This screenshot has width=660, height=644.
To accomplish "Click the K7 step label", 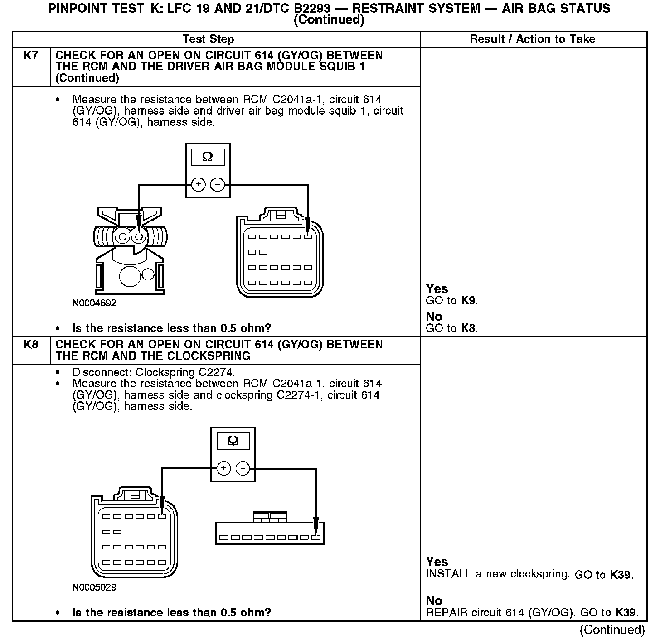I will (x=31, y=56).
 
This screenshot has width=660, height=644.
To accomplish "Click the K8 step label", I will (x=31, y=345).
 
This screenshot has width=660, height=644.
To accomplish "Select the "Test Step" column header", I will (x=208, y=39).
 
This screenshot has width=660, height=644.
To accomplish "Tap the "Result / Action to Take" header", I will (x=532, y=39).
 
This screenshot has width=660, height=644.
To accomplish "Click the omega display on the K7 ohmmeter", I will (x=208, y=157).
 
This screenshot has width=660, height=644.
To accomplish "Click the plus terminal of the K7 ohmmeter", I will (x=198, y=184).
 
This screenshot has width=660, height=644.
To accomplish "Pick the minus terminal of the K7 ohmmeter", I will (x=218, y=184).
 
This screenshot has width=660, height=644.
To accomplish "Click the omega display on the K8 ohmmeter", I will (x=233, y=441).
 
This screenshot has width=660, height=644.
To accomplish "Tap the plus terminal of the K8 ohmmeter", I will (x=223, y=468).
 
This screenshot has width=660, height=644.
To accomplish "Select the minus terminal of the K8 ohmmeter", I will (x=243, y=468).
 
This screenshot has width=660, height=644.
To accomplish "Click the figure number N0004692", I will (x=94, y=303).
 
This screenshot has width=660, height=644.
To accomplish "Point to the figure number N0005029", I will (x=94, y=587).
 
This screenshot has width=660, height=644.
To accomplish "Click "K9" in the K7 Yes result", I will (x=469, y=300).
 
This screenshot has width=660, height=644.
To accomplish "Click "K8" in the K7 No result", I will (x=469, y=328).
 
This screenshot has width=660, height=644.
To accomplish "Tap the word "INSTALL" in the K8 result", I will (x=449, y=574).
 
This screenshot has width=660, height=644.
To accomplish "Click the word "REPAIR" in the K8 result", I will (x=447, y=613).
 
